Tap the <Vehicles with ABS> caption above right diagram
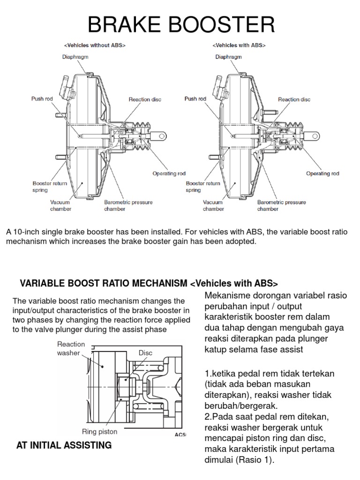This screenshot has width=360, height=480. [239, 45]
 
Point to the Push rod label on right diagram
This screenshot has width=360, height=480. [195, 99]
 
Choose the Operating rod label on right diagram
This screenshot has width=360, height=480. [322, 173]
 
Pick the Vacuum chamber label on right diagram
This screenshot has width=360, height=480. [213, 205]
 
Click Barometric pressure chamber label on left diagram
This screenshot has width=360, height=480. [128, 205]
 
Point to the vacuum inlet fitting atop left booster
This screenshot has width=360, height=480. [62, 87]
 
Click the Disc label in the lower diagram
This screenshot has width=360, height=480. [146, 352]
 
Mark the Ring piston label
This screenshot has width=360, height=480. [99, 432]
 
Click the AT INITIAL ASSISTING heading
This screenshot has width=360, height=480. [64, 445]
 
